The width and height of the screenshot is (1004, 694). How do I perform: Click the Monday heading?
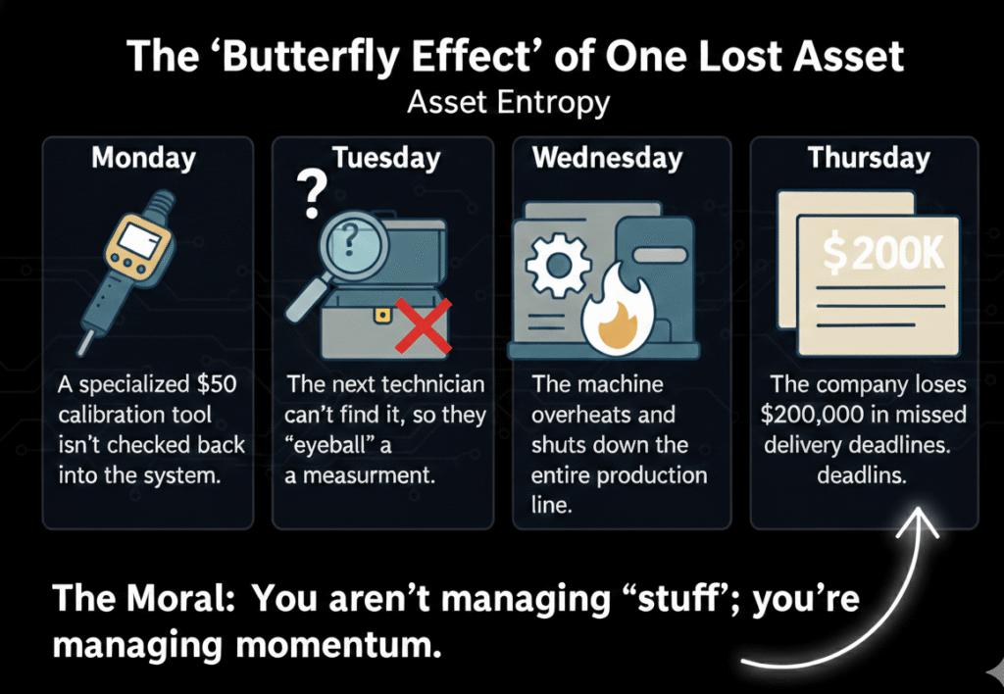click(x=143, y=158)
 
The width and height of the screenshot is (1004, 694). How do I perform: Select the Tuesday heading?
click(x=386, y=158)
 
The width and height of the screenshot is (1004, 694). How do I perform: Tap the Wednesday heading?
click(x=607, y=158)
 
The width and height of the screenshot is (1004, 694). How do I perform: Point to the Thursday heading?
click(x=869, y=158)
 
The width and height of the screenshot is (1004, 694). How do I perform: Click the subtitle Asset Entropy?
click(x=509, y=103)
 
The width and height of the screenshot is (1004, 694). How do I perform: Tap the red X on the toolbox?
click(x=424, y=325)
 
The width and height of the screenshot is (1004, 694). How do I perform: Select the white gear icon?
click(x=556, y=265)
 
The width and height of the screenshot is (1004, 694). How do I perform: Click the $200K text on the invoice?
click(x=883, y=254)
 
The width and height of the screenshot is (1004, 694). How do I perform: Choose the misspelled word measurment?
click(x=369, y=475)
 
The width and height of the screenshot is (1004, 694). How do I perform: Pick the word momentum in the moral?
click(x=338, y=644)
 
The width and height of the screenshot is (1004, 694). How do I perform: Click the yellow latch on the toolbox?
click(x=382, y=315)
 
